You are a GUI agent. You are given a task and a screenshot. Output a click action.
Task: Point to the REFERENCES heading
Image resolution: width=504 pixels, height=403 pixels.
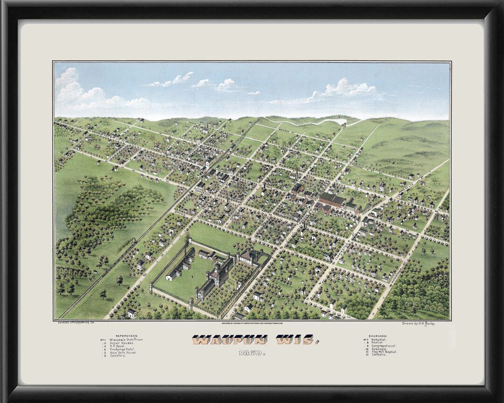pyautogui.click(x=127, y=335)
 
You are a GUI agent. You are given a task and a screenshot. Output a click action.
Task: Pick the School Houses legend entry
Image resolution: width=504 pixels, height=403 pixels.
pyautogui.click(x=122, y=343)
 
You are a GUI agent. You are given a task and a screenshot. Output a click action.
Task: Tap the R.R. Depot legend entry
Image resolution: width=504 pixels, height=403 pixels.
pyautogui.click(x=119, y=346)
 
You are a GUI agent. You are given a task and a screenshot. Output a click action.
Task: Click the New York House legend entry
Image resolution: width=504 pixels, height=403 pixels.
pyautogui.click(x=124, y=353)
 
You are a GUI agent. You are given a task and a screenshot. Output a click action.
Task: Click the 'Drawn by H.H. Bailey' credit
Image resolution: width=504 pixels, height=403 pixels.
pyautogui.click(x=418, y=323)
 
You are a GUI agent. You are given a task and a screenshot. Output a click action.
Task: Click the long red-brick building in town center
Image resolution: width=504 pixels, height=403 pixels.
pyautogui.click(x=332, y=200)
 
